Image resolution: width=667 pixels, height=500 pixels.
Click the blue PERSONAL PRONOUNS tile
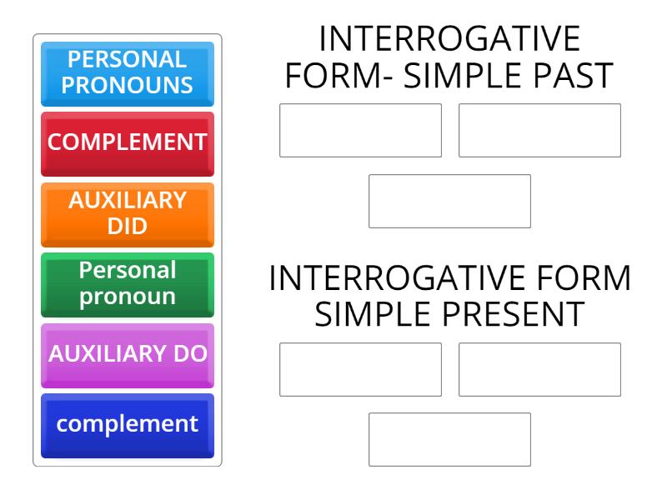click(127, 72)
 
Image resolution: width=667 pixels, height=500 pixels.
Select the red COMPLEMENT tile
click(127, 142)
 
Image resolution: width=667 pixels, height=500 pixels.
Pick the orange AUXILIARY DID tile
click(127, 213)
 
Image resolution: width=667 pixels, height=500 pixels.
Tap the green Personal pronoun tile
click(127, 283)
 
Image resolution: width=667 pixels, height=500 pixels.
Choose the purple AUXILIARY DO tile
click(127, 353)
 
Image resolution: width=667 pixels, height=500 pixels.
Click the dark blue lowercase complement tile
click(127, 423)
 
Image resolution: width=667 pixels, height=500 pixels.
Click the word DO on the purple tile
click(189, 353)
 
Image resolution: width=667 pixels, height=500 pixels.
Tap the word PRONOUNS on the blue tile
click(128, 85)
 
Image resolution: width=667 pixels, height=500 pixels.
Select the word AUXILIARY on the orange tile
click(128, 202)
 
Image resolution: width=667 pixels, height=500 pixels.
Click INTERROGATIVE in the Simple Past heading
click(449, 38)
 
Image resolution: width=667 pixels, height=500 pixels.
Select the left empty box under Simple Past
click(360, 130)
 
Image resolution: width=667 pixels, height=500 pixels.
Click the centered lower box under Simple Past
click(449, 201)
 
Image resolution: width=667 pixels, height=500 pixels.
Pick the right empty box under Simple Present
click(539, 369)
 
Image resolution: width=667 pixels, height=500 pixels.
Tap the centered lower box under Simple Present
click(449, 439)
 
